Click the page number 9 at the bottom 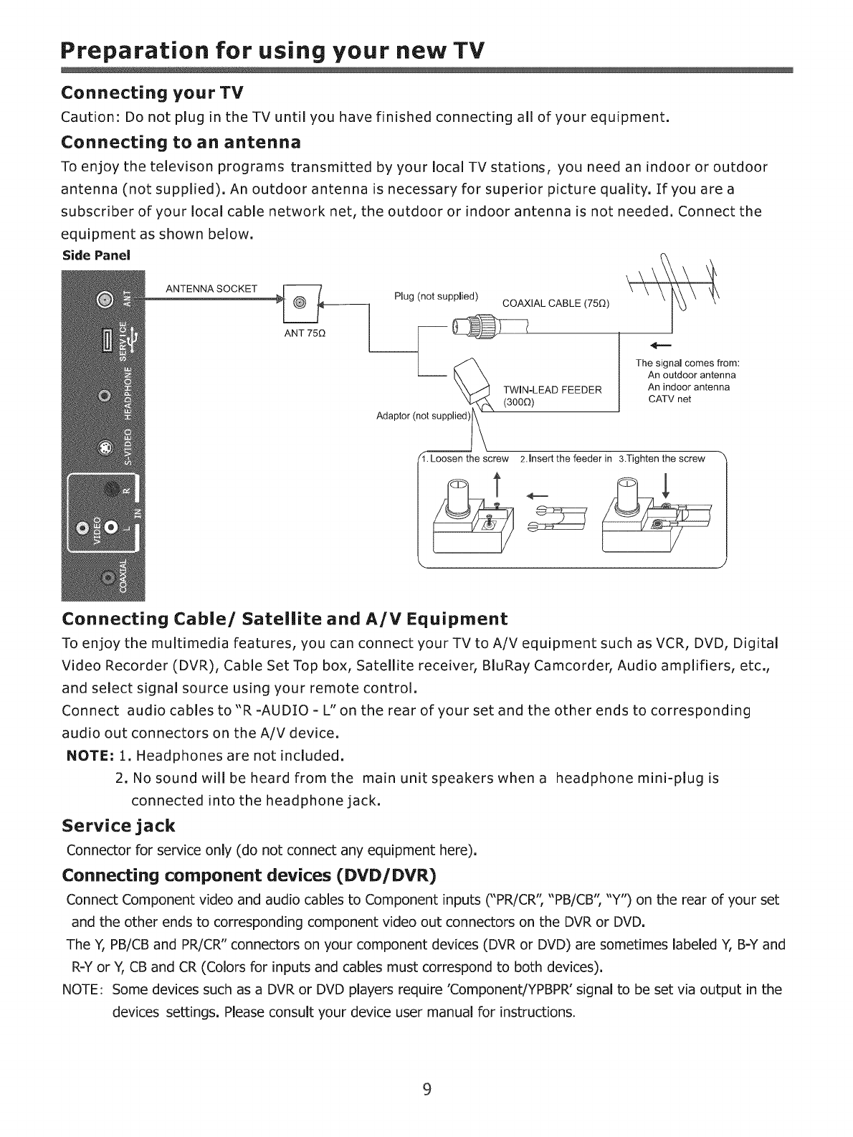coord(426,1090)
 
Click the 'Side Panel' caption coord(87,255)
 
